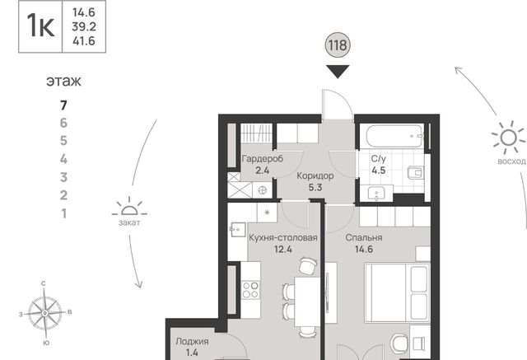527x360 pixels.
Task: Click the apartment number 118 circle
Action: pyautogui.click(x=338, y=44)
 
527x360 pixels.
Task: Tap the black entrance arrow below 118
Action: pyautogui.click(x=338, y=72)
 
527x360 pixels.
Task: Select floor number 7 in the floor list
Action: pyautogui.click(x=63, y=105)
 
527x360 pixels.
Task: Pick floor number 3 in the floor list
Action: pyautogui.click(x=63, y=177)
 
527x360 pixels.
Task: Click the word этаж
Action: pyautogui.click(x=63, y=82)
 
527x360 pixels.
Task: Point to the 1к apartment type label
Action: pyautogui.click(x=40, y=26)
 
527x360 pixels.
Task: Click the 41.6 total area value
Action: pyautogui.click(x=84, y=41)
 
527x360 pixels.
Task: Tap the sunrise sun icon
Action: pyautogui.click(x=508, y=138)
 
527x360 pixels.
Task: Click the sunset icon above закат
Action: pyautogui.click(x=129, y=208)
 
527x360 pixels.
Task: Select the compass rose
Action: pyautogui.click(x=44, y=313)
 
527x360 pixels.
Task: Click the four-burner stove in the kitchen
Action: pyautogui.click(x=250, y=290)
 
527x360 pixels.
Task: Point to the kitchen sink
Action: pyautogui.click(x=238, y=230)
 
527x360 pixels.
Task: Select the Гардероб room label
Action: pyautogui.click(x=263, y=158)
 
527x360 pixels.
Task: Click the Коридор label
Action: pyautogui.click(x=315, y=175)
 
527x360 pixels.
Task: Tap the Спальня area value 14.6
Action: pyautogui.click(x=364, y=250)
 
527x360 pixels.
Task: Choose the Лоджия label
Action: pyautogui.click(x=192, y=342)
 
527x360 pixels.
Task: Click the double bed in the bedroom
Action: pyautogui.click(x=398, y=292)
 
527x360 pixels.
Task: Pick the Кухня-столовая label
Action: pyautogui.click(x=283, y=237)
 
